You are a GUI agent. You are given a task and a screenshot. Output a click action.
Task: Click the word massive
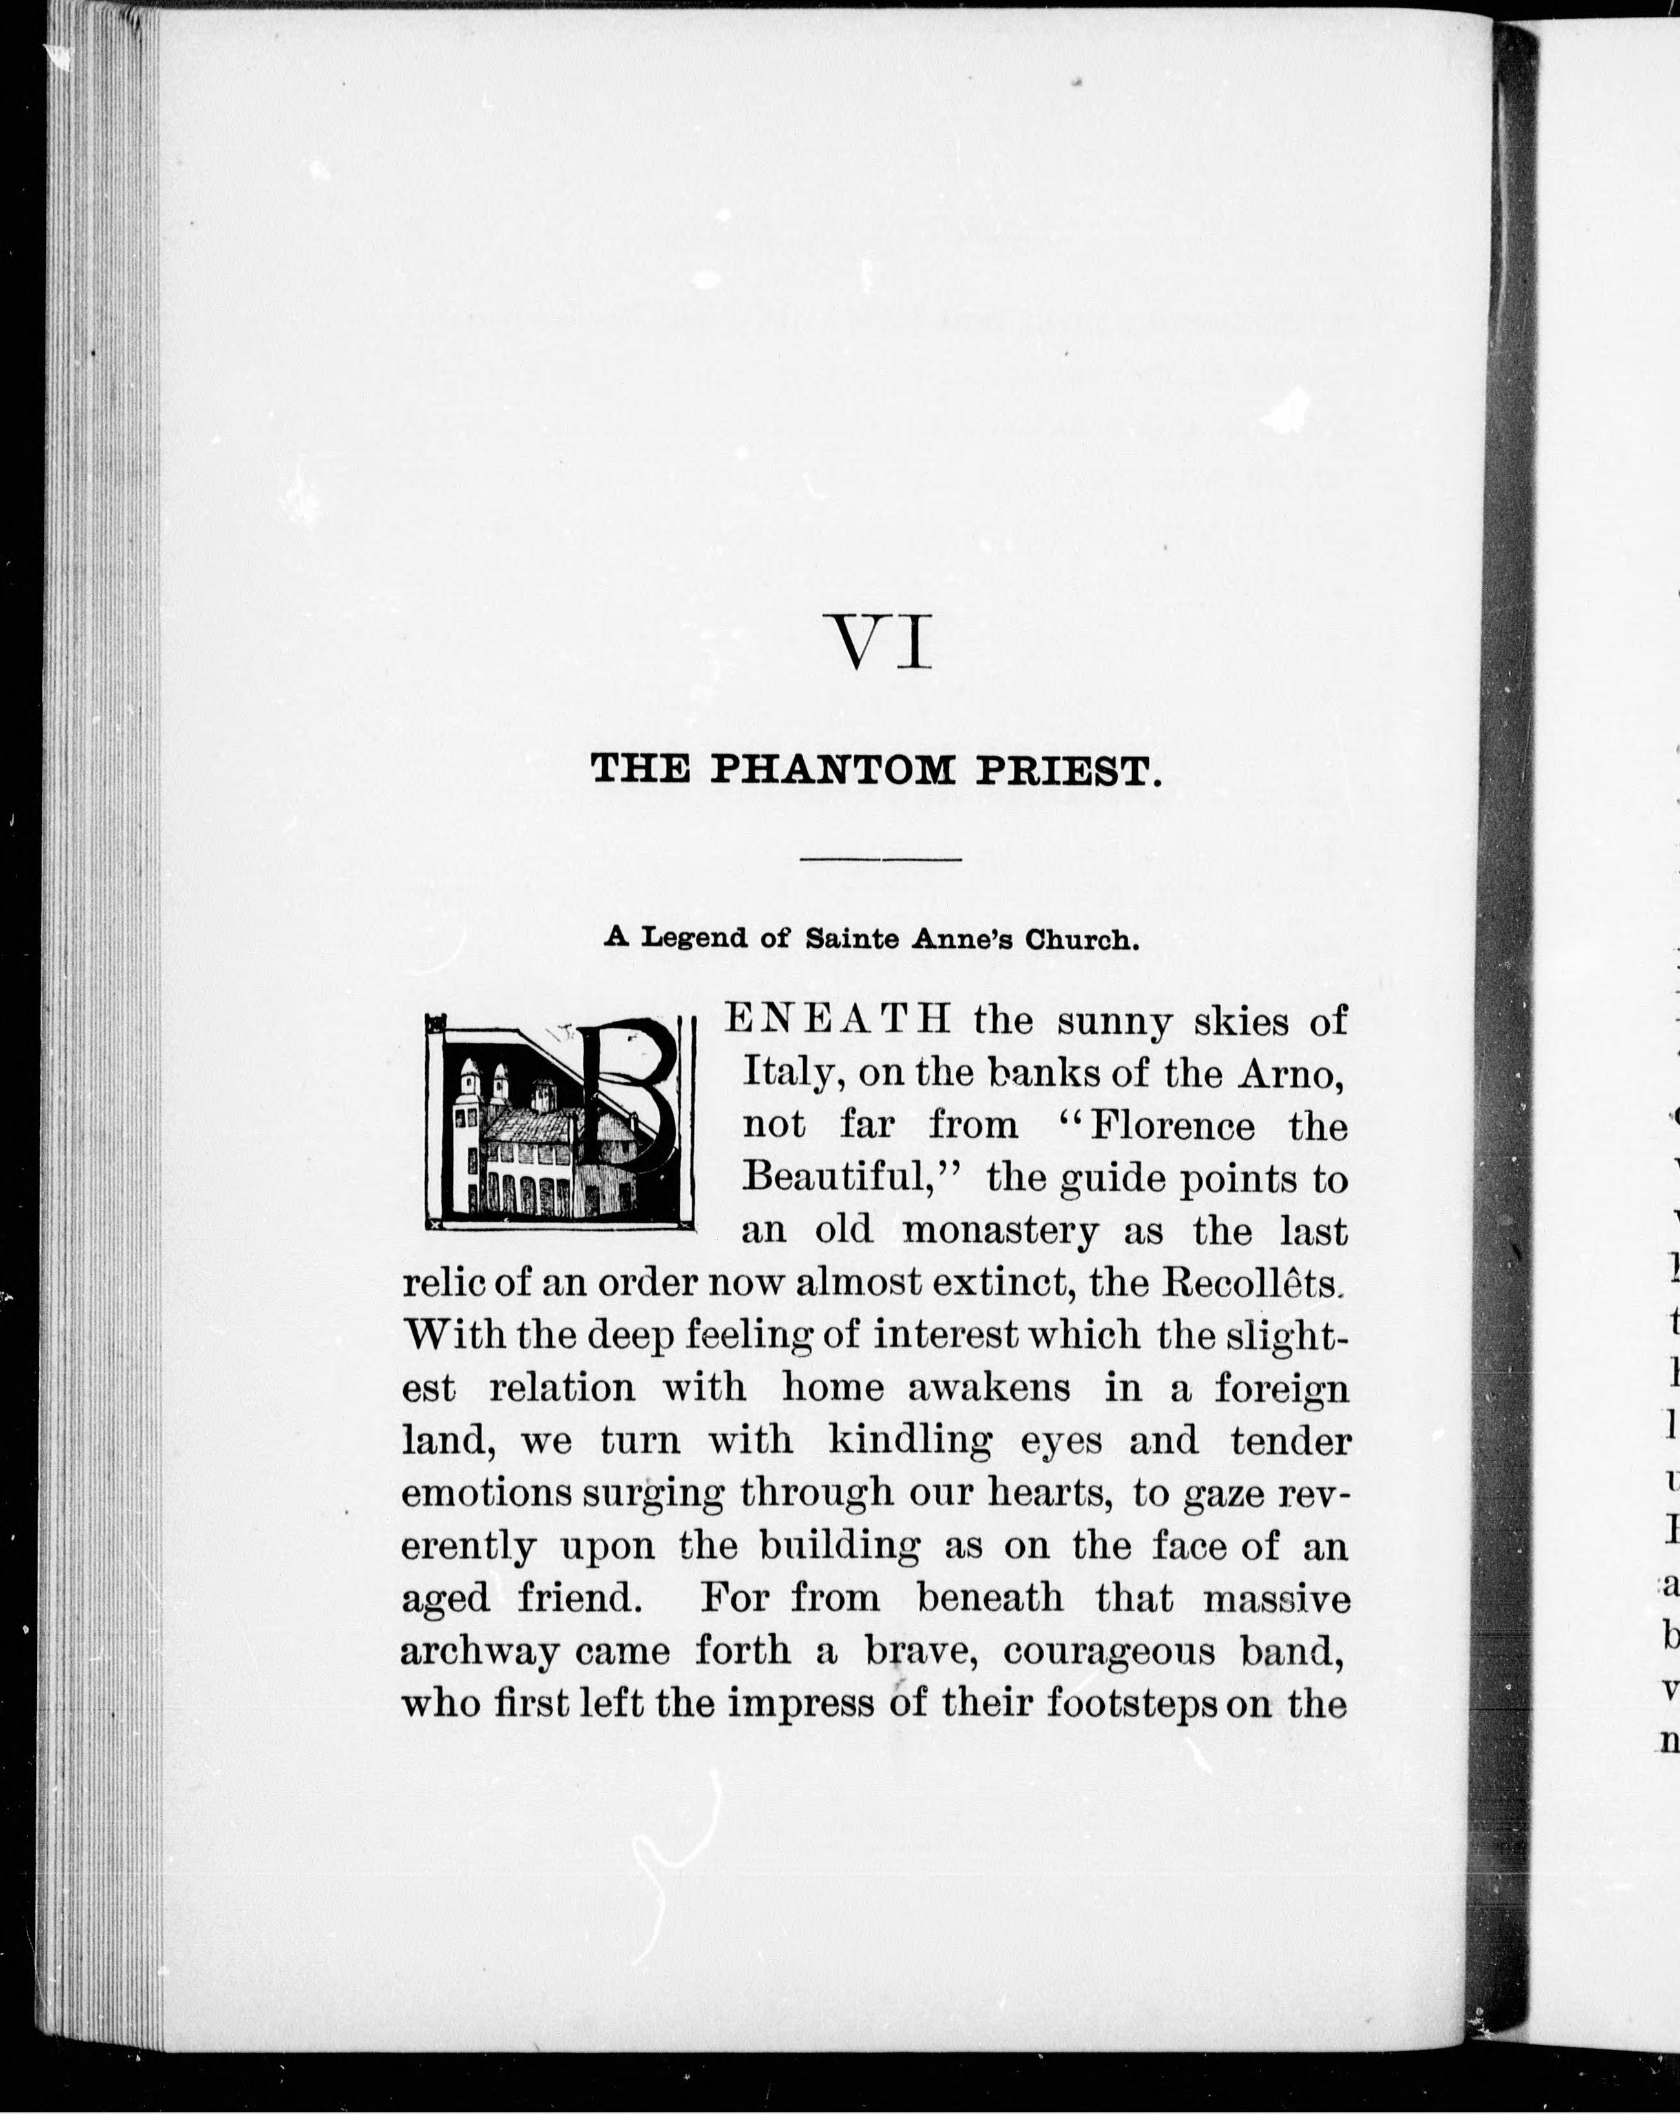coord(1277,1598)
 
